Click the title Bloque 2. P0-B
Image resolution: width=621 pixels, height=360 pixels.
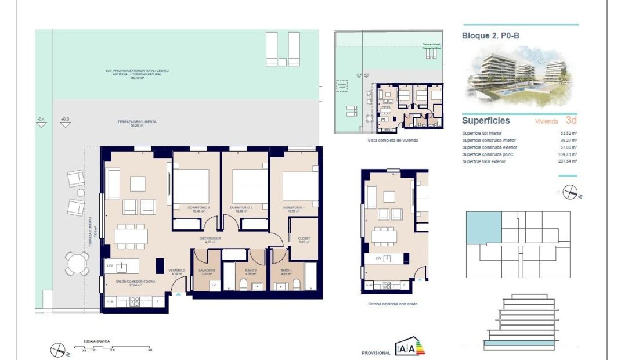coord(490,35)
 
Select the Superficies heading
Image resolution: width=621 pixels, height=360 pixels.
coord(485,121)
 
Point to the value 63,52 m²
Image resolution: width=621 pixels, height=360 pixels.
coord(567,133)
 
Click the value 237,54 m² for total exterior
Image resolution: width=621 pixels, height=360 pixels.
coord(567,161)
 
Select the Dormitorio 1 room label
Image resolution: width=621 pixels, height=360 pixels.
coord(294,208)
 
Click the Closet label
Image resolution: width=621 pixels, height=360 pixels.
coord(303,239)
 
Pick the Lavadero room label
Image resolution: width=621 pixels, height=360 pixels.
coord(207,271)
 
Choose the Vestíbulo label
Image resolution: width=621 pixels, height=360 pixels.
coord(177,271)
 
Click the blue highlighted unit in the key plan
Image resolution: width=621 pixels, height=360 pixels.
coord(484,227)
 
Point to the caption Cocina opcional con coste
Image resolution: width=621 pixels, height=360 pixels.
coord(392,304)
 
